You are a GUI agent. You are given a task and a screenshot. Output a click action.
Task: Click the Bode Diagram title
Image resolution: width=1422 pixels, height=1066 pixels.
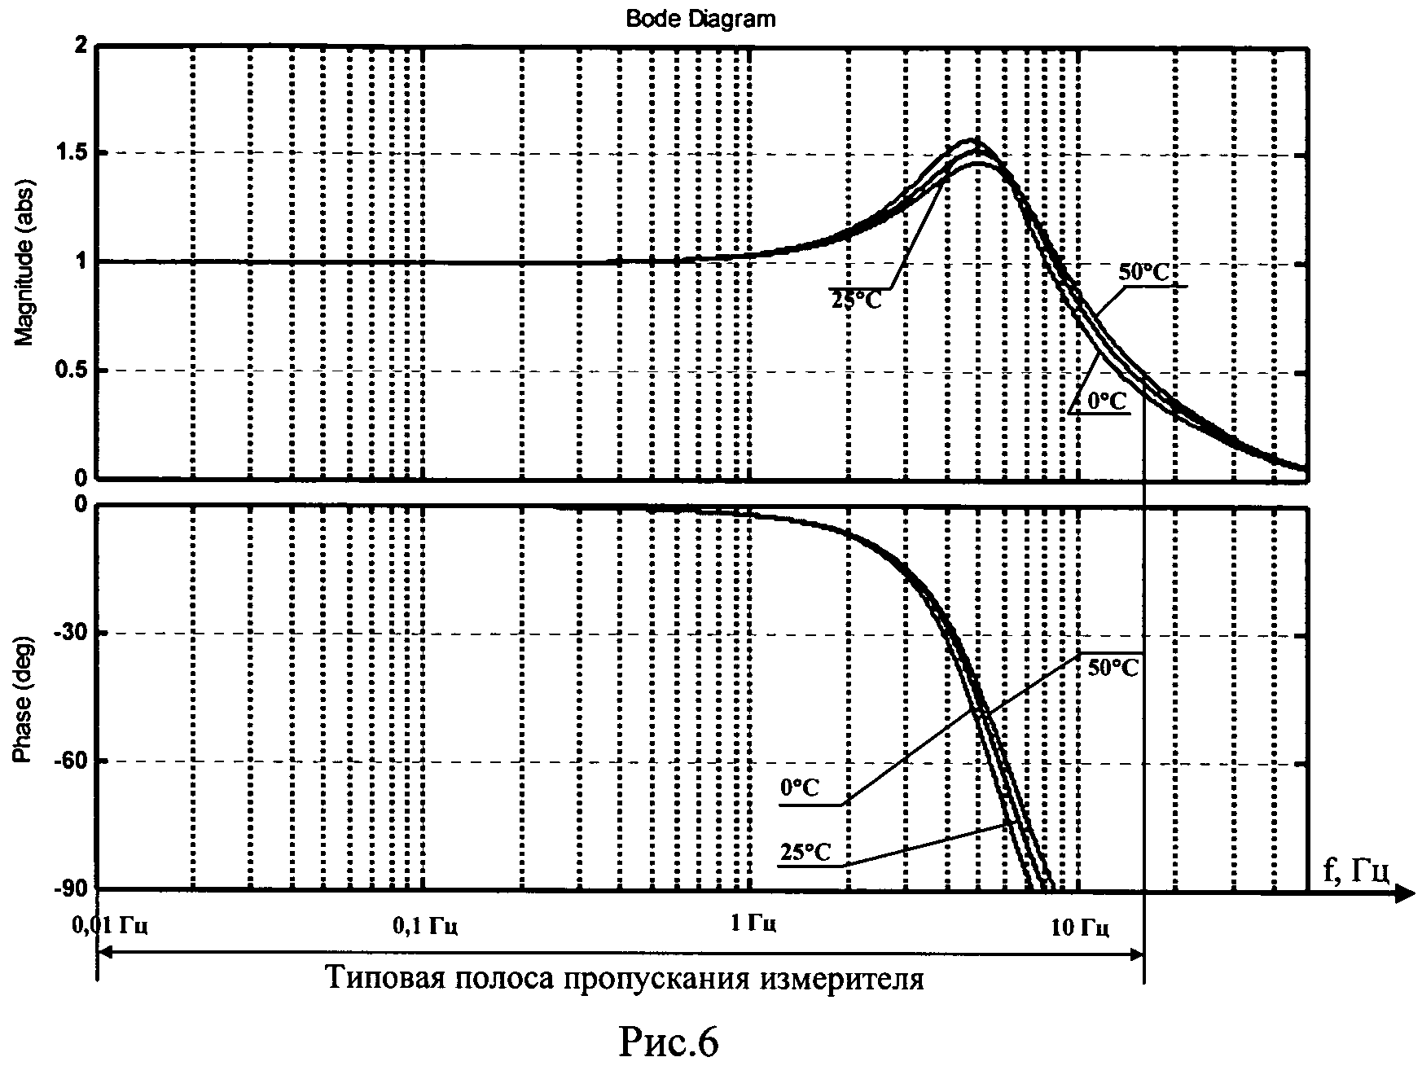(x=700, y=19)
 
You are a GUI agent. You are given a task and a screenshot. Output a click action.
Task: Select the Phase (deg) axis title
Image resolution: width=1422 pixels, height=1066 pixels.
(x=25, y=699)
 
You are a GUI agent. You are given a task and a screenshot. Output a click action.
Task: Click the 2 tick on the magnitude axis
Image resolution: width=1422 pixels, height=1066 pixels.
(x=79, y=47)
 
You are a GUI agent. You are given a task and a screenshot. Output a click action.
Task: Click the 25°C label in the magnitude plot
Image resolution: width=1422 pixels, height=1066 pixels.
(x=856, y=299)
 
